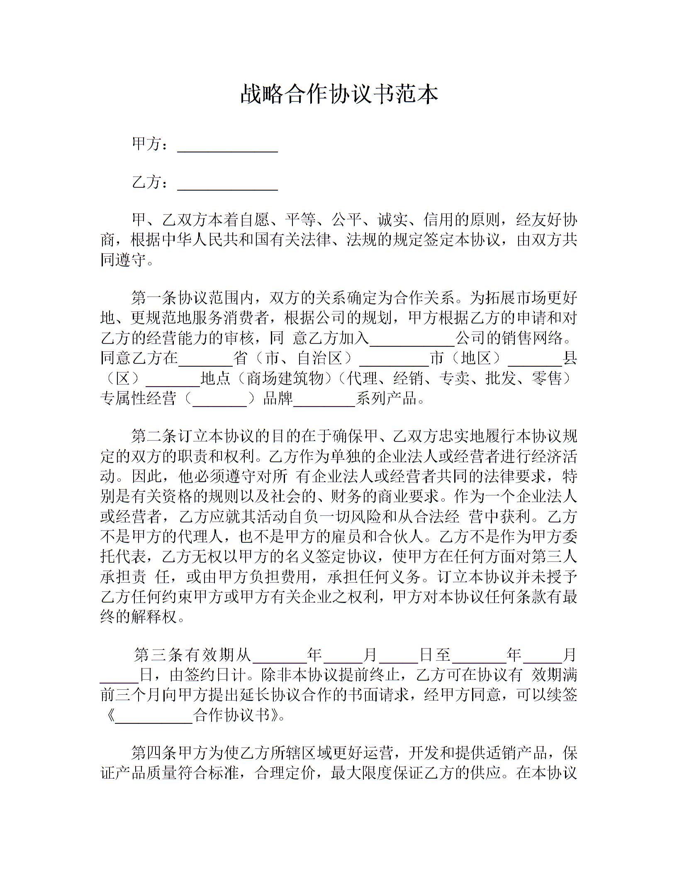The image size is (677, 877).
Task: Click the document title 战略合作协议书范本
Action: (x=339, y=94)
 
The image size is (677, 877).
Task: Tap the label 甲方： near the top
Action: (x=150, y=144)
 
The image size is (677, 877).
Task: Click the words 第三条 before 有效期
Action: (x=159, y=655)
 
